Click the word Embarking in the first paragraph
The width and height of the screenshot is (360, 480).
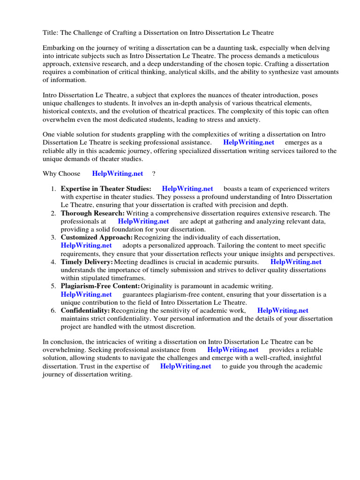tap(59, 48)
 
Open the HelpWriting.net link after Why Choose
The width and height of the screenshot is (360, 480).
tap(118, 173)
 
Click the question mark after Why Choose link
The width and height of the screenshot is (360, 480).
tap(153, 173)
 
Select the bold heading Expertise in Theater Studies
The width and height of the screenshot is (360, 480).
tap(106, 189)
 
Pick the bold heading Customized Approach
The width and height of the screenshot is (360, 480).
tap(97, 238)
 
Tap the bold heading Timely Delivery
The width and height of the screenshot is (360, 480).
tap(87, 262)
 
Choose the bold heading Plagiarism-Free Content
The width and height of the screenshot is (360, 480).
tap(100, 286)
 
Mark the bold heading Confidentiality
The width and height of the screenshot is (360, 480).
tap(85, 311)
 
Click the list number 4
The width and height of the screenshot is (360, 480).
tap(53, 262)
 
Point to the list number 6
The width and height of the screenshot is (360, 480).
tap(53, 311)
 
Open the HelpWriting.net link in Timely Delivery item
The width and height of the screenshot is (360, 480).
tap(296, 262)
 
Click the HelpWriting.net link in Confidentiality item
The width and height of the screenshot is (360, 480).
tap(283, 311)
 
